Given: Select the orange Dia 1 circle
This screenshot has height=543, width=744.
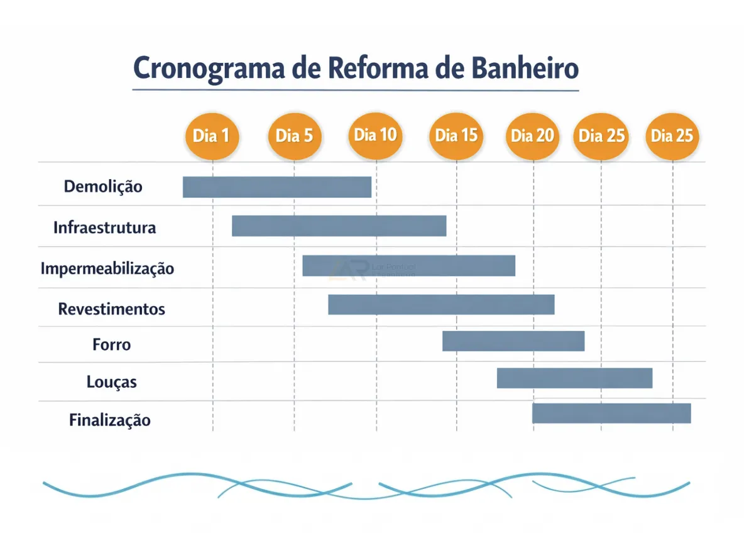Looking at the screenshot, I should [x=212, y=136].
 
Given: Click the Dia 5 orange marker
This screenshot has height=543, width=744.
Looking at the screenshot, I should [x=294, y=136].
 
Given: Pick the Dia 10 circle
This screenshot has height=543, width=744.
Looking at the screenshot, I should [x=375, y=135].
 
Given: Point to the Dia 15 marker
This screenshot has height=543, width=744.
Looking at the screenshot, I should [x=457, y=136].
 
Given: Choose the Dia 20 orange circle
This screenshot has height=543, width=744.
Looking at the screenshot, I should [x=533, y=136].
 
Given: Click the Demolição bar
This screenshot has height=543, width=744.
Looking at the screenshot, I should [x=276, y=187].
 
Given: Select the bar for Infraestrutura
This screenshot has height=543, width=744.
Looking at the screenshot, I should [x=339, y=226].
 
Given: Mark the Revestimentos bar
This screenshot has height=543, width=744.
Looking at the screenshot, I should [x=441, y=304].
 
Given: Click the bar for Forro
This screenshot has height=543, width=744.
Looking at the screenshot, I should [x=513, y=341].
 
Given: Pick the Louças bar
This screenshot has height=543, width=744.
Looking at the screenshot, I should [x=574, y=378].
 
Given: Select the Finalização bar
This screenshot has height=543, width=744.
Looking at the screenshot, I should [x=611, y=414].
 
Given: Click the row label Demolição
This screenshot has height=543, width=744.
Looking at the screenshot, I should [x=103, y=187].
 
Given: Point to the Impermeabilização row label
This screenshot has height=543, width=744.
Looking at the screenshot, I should [x=107, y=269].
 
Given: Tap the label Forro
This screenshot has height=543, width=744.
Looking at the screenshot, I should [x=111, y=344].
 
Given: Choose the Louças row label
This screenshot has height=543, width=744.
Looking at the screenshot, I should [x=111, y=381].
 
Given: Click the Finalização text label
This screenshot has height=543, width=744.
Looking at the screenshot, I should [x=110, y=420].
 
